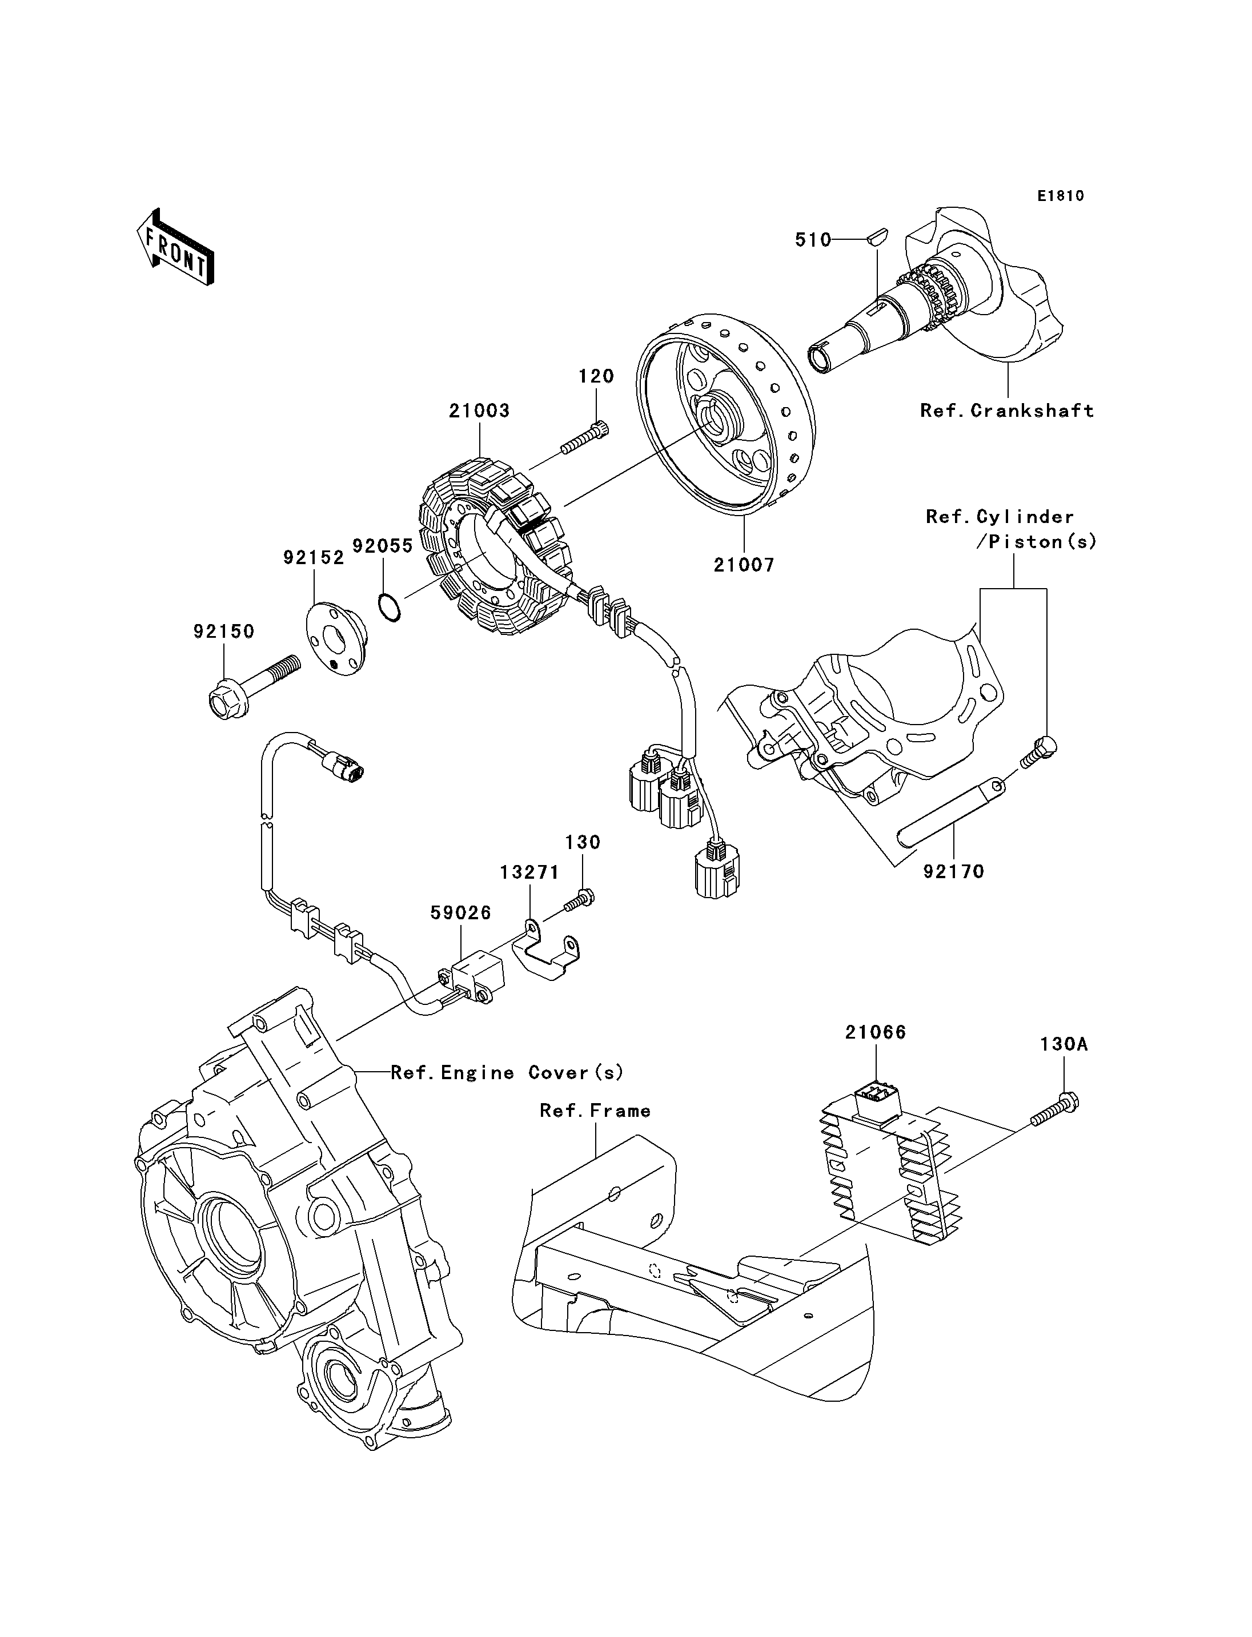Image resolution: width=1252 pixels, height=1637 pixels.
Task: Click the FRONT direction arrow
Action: point(176,246)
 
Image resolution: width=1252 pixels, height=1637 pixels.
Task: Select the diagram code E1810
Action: point(1061,196)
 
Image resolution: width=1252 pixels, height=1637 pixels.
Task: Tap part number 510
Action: point(813,239)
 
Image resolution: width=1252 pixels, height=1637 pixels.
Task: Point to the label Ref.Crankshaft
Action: point(1007,411)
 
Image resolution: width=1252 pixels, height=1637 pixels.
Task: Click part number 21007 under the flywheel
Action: point(744,565)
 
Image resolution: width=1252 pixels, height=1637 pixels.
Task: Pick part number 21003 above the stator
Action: point(479,411)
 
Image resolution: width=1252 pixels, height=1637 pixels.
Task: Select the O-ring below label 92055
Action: point(388,606)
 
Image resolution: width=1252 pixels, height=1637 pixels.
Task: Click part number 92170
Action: point(954,871)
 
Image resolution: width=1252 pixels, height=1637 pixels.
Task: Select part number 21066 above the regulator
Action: point(876,1032)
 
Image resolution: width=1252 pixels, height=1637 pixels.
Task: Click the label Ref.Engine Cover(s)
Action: point(507,1073)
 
